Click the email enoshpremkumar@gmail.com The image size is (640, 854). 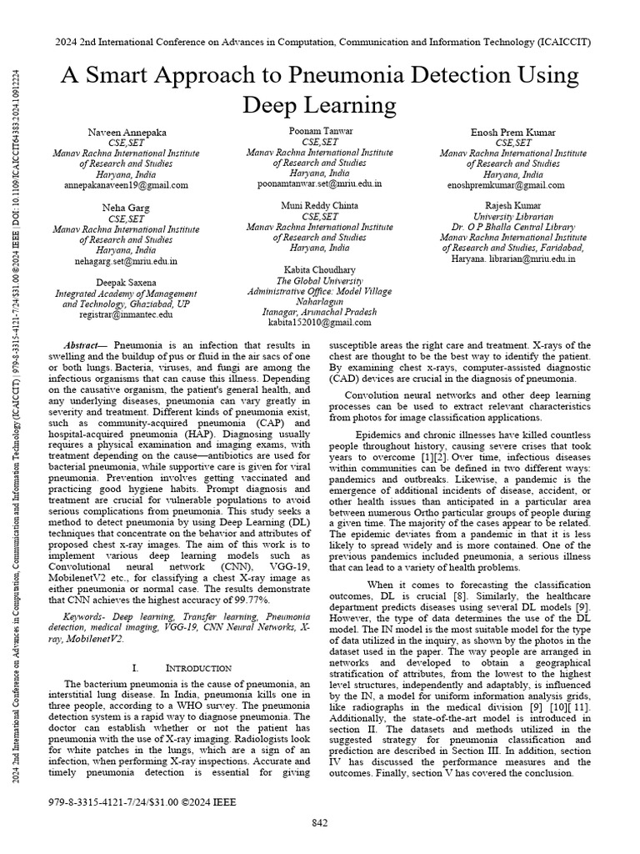click(x=512, y=184)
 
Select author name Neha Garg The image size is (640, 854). click(x=126, y=208)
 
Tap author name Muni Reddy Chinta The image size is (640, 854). click(x=320, y=205)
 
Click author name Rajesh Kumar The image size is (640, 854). click(x=512, y=206)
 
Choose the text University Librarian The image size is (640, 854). click(x=512, y=216)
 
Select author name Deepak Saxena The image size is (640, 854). click(x=126, y=283)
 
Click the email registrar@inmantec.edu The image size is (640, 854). click(x=126, y=314)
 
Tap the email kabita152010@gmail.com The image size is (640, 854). click(x=320, y=322)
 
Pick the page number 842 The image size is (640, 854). click(x=320, y=824)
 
